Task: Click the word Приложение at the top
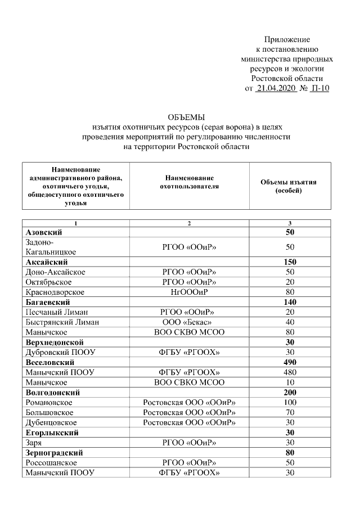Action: point(287,39)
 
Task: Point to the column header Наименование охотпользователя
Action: point(189,182)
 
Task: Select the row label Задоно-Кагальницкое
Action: point(51,247)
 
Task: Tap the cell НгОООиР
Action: point(189,292)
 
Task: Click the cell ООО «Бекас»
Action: point(189,322)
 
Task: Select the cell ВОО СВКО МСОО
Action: point(189,382)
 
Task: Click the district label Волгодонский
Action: point(53,393)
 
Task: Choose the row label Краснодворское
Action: point(55,292)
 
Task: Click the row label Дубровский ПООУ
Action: point(60,352)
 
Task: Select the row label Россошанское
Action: point(51,462)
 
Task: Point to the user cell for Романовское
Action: point(189,403)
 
